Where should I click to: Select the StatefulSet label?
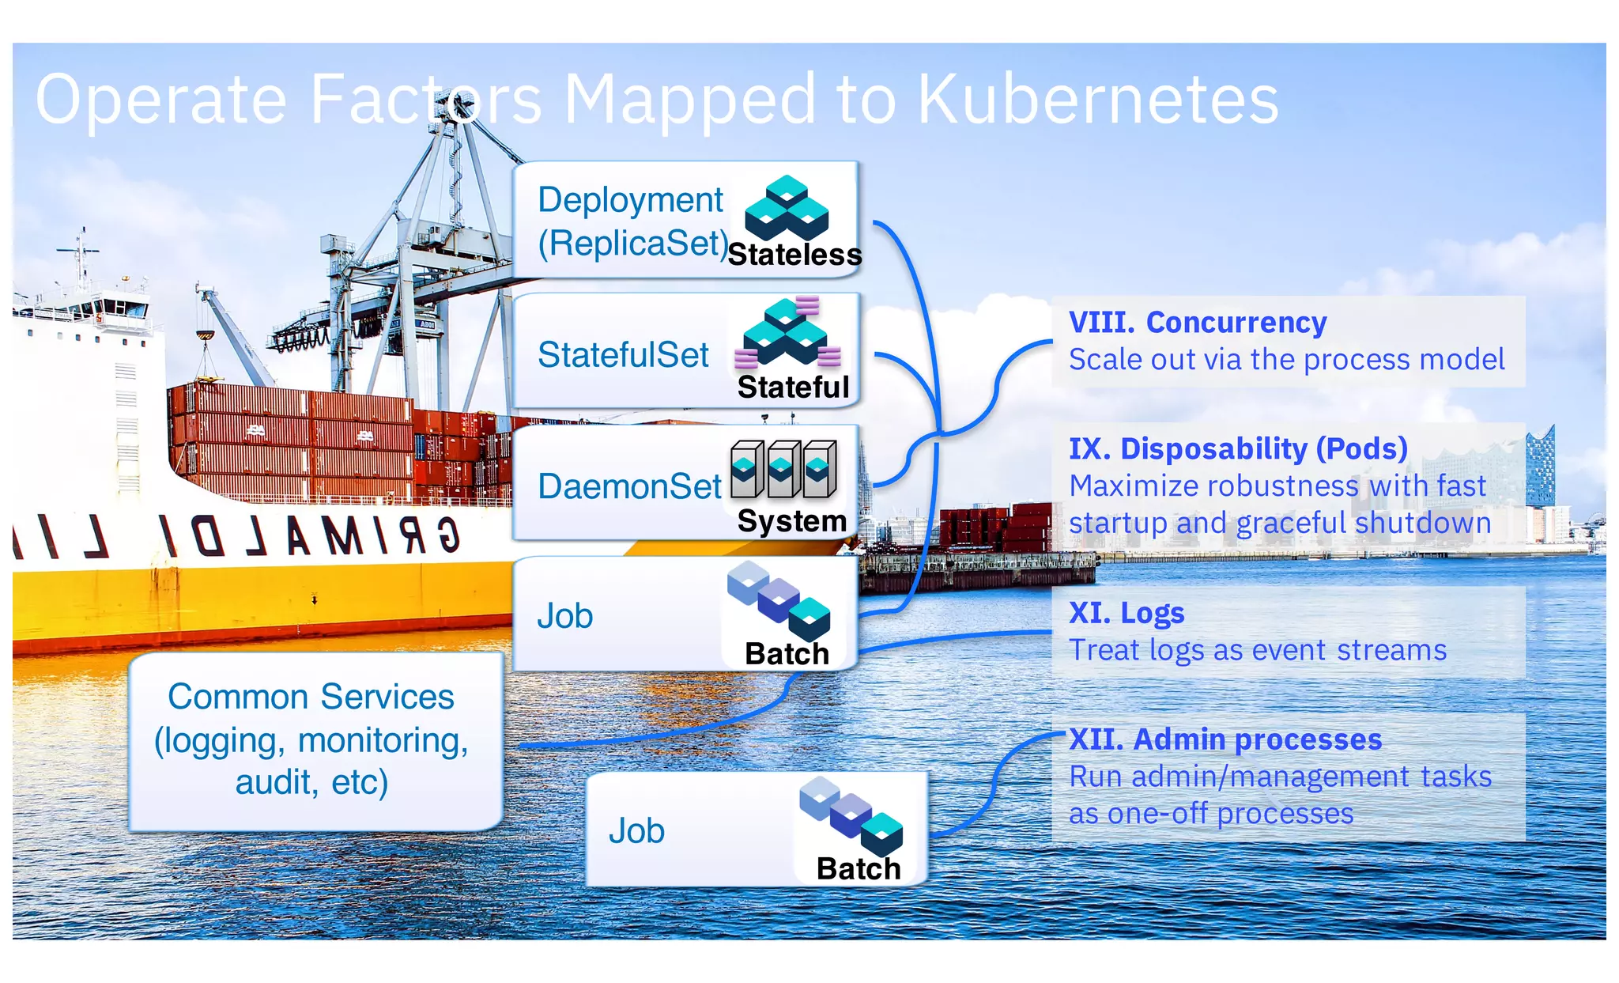point(623,355)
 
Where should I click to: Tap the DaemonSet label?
point(629,486)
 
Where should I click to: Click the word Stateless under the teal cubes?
point(794,255)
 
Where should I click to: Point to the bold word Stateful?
point(793,387)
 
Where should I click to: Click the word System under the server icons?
point(791,521)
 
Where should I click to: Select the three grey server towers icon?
point(783,468)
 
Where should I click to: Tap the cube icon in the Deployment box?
point(786,207)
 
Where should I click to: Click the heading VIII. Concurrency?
point(1197,323)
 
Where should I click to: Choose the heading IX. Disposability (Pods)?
point(1238,448)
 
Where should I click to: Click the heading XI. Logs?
point(1126,613)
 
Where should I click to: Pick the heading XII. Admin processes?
point(1225,739)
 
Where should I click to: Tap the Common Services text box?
point(311,739)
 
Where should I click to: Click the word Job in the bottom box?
point(636,831)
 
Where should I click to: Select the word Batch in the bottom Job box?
point(858,868)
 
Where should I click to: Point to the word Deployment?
point(630,200)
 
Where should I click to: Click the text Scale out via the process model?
point(1286,360)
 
